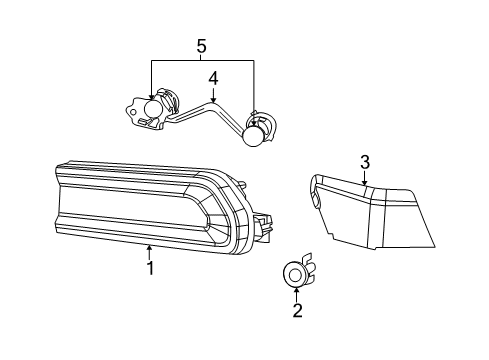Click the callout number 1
150,268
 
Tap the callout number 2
297,311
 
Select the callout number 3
364,162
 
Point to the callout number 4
212,77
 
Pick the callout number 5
201,45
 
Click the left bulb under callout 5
154,109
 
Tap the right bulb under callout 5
254,137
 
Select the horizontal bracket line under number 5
201,61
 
